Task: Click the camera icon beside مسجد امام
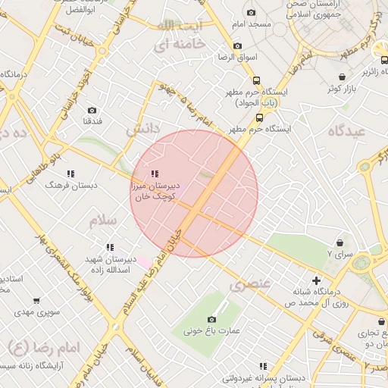pos(251,12)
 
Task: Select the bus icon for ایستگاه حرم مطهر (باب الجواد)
pos(256,80)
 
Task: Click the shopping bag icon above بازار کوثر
pos(343,77)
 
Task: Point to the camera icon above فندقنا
pos(92,110)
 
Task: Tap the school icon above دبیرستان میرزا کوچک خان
pos(155,174)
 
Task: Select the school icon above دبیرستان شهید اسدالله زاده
pos(110,247)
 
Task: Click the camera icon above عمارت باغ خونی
pos(211,319)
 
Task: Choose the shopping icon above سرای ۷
pos(329,244)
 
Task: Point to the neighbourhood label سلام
pos(104,221)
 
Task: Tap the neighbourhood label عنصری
pos(249,286)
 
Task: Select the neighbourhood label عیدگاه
pos(347,130)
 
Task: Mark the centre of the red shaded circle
pos(194,194)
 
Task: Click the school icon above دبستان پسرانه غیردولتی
pos(263,366)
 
